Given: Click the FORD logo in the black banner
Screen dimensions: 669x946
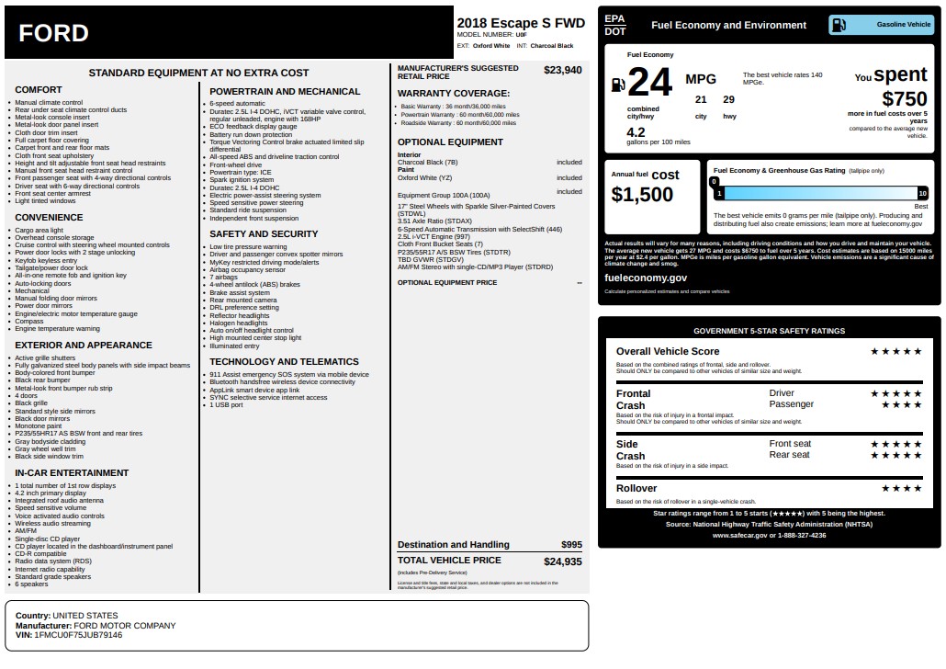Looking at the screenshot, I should click(53, 34).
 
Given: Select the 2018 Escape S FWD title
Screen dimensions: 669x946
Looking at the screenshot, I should click(520, 23).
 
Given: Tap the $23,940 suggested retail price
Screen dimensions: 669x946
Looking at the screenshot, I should click(562, 70).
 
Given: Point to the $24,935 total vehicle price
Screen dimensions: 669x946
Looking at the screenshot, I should click(562, 561).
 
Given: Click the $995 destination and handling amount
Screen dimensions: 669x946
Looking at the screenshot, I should click(571, 545).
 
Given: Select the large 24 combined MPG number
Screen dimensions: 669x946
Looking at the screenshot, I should click(649, 83).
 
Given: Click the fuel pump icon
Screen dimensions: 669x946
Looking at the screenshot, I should click(618, 85).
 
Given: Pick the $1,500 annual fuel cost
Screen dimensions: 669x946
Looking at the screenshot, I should click(642, 194).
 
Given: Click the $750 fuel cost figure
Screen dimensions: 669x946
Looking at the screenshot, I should click(904, 99).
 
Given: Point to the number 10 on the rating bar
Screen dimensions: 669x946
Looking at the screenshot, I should click(922, 193).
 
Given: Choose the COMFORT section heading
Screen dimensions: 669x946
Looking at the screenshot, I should click(39, 90).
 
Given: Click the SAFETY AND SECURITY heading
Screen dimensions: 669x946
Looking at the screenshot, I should click(264, 234).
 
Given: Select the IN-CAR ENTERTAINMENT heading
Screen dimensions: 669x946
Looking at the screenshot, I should click(72, 472).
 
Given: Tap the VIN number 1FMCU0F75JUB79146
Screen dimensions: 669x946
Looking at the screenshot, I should click(77, 635).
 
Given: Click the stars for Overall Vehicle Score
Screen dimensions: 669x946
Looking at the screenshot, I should click(895, 351).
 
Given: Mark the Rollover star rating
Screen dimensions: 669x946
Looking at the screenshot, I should click(901, 488).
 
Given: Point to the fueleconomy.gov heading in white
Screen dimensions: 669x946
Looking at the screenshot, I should click(645, 278).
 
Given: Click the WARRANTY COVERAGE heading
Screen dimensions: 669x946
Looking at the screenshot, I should click(453, 94).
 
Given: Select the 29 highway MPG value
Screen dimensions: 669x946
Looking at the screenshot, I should click(729, 99).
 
